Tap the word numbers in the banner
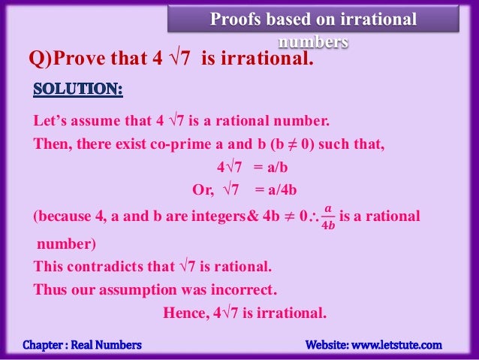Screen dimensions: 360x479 click(x=313, y=41)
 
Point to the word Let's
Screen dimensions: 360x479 click(x=50, y=120)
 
